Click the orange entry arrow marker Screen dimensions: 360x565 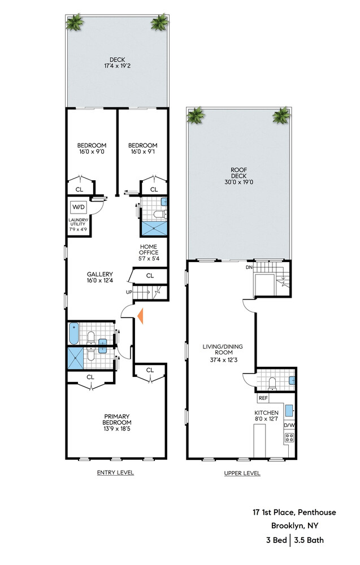(140, 316)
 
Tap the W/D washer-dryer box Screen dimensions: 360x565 (79, 207)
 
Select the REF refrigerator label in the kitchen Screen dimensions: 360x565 (263, 398)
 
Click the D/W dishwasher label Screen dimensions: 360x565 (289, 425)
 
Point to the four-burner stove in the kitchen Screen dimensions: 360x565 (289, 437)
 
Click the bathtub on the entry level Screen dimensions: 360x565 (73, 334)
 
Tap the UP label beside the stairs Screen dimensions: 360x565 (129, 292)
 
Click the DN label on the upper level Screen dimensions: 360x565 (249, 267)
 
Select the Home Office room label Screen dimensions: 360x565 (149, 249)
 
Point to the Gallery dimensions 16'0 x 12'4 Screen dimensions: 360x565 (100, 280)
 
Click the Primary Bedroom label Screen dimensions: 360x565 (117, 419)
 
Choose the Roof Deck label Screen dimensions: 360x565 (239, 172)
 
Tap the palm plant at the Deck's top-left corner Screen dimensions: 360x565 (75, 23)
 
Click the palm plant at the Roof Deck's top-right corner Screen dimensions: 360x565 (281, 115)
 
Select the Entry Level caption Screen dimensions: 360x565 (115, 472)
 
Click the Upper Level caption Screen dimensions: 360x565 (242, 473)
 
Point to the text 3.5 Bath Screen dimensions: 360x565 (309, 540)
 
